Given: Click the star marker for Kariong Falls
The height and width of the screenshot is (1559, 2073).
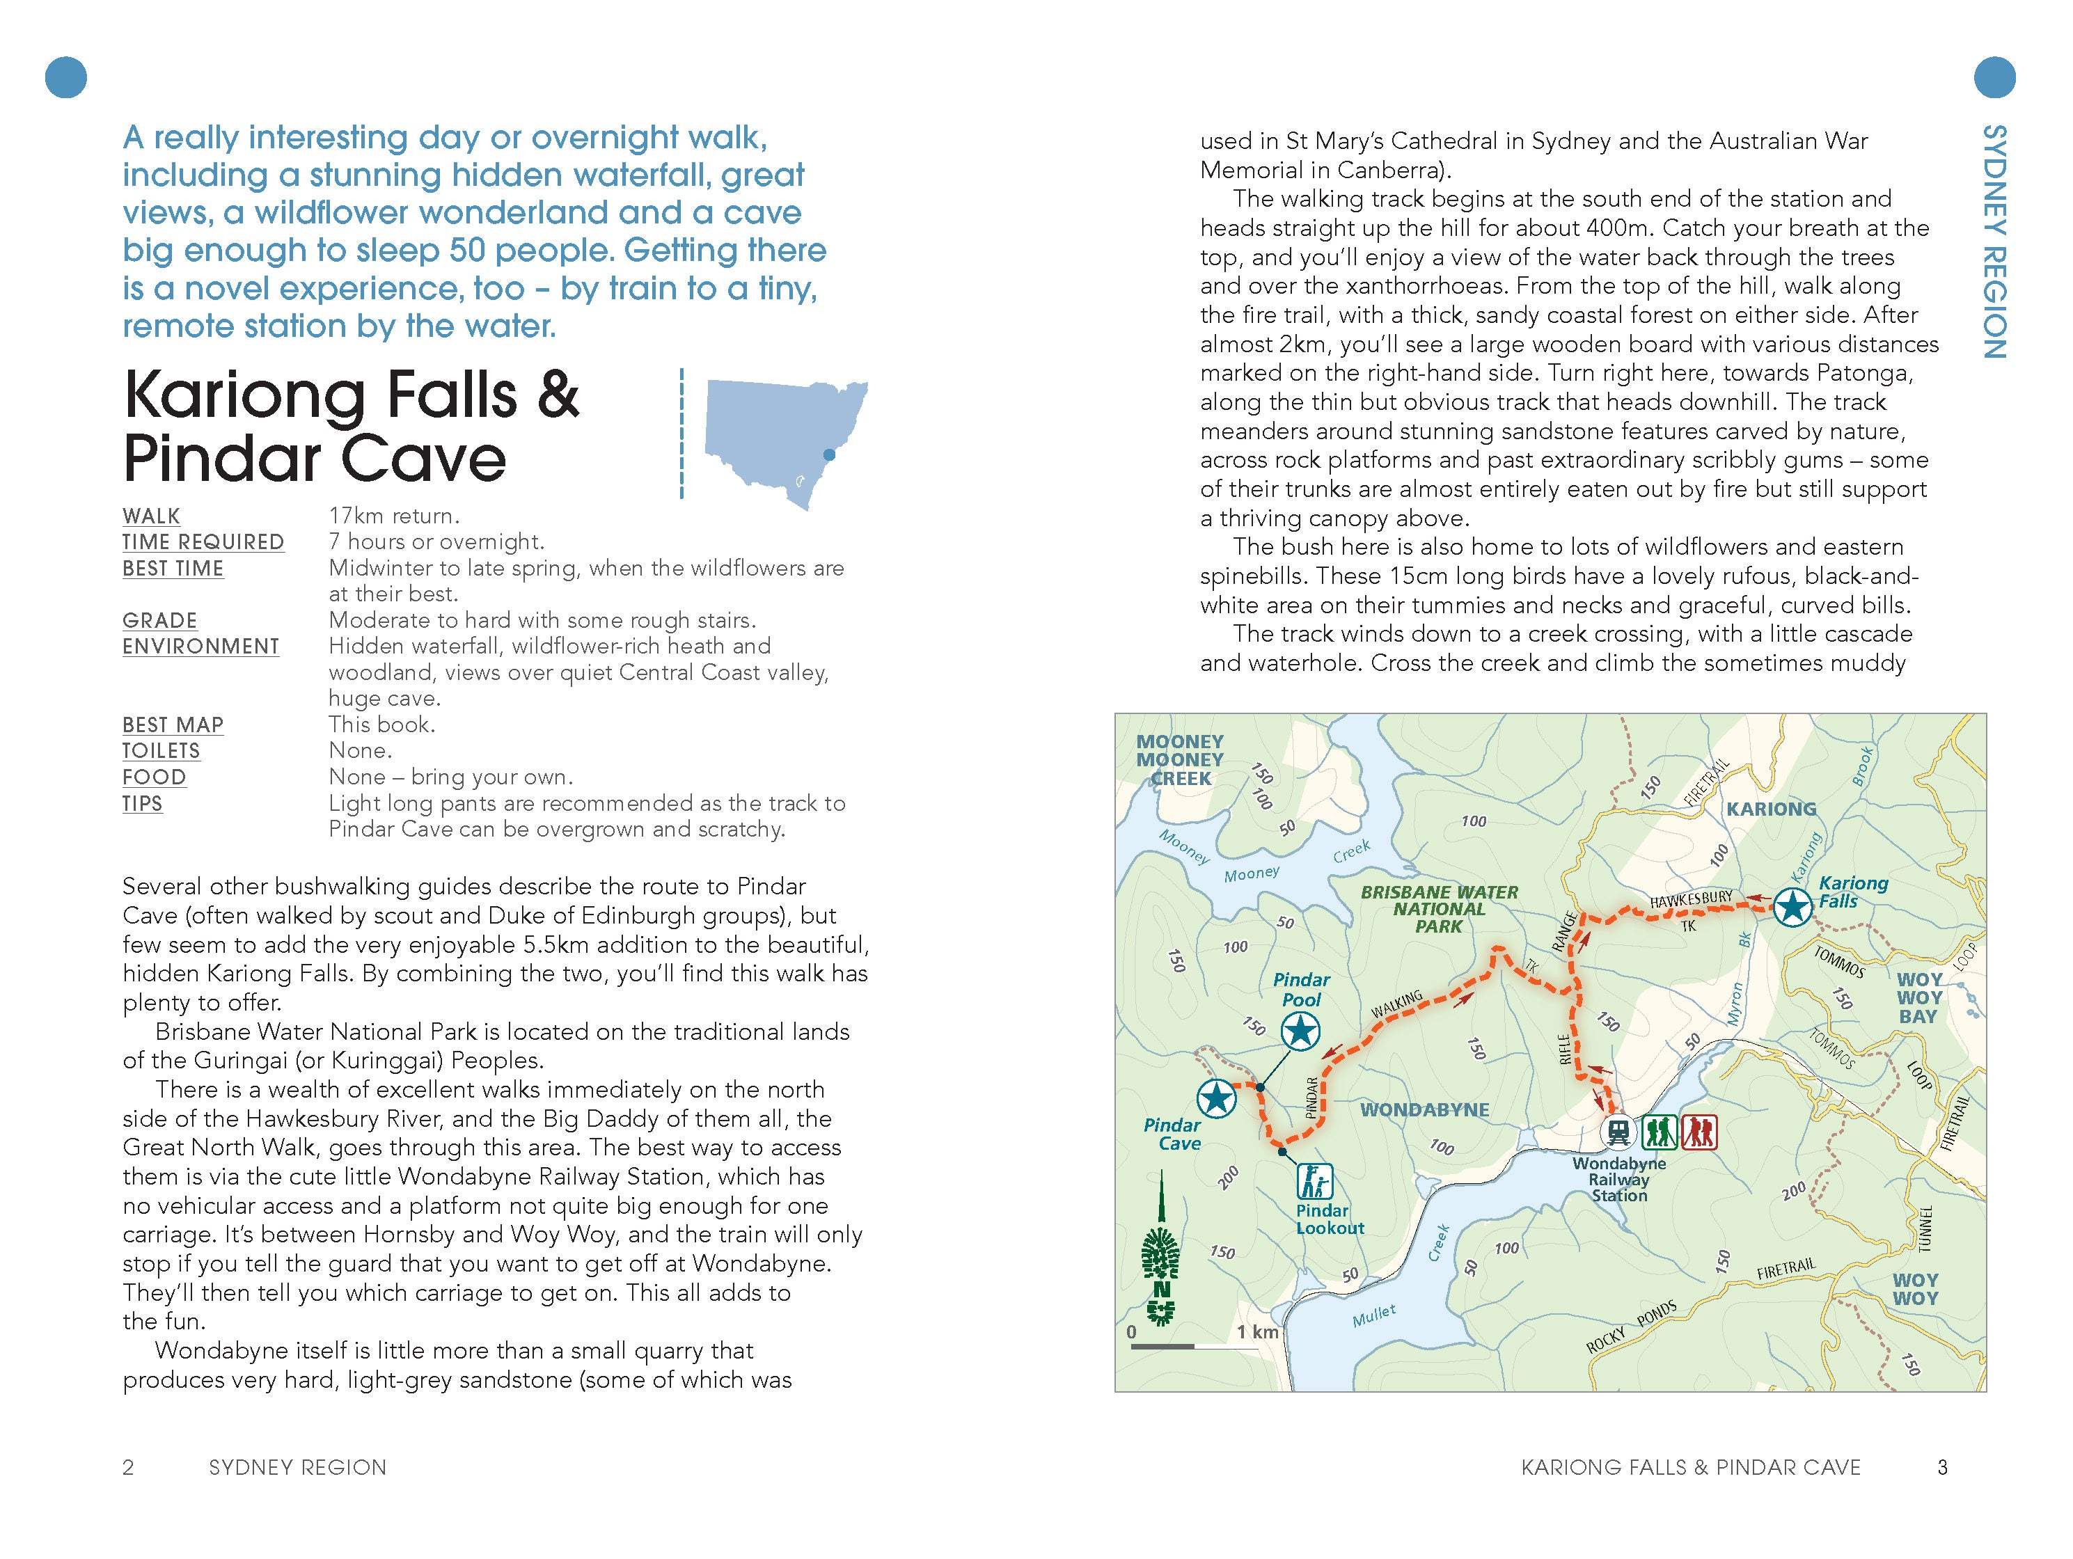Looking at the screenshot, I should [x=1792, y=907].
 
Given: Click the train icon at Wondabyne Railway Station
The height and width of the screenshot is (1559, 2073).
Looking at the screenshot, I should [x=1618, y=1132].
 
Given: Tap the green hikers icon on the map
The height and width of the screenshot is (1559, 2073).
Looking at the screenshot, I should [x=1660, y=1132].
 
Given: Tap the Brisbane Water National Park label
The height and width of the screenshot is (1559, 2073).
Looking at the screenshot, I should [x=1439, y=909].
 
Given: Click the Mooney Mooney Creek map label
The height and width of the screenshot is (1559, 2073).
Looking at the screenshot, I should [x=1180, y=760].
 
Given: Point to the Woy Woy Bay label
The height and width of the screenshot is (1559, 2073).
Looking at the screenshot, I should [x=1918, y=998].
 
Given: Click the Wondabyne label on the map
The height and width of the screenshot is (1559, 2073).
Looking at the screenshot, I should [x=1424, y=1109].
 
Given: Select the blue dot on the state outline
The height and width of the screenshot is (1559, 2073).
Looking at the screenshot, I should [x=828, y=455].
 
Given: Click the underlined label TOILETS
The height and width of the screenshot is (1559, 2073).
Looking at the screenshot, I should [x=161, y=750].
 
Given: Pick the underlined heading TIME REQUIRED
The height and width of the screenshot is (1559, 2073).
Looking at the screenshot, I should [x=203, y=541].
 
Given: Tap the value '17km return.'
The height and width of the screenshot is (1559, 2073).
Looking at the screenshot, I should [x=393, y=515].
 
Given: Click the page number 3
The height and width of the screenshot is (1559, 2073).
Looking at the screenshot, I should [x=1943, y=1467].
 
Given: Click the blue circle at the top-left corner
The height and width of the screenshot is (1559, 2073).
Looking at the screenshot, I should [x=65, y=77].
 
